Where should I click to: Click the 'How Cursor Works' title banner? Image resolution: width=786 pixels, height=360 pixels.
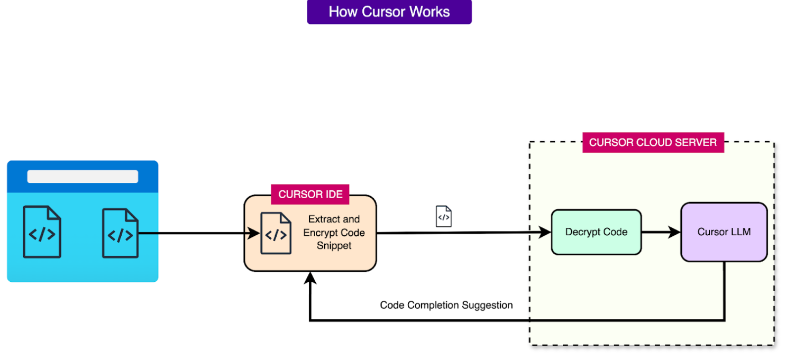point(389,12)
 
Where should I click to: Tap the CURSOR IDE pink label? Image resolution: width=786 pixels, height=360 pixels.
point(310,194)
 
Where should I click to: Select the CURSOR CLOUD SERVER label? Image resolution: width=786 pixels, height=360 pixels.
point(653,142)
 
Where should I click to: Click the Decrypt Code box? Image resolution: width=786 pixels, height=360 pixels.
point(596,232)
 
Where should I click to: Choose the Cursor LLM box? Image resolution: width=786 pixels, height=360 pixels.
point(724,232)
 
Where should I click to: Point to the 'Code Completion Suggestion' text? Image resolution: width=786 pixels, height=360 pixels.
point(446,305)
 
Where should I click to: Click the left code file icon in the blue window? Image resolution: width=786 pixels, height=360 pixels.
point(42,232)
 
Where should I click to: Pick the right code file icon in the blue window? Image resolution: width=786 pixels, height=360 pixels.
point(121,233)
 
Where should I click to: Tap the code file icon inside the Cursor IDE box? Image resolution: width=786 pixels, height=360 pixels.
point(276,233)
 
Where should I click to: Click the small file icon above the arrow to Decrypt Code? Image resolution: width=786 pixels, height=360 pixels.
point(444,217)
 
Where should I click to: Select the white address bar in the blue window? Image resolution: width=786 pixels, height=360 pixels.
point(83,177)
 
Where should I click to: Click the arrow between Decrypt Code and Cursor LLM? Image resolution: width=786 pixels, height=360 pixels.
point(661,232)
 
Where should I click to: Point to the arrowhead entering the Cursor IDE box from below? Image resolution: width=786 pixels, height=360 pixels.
point(310,278)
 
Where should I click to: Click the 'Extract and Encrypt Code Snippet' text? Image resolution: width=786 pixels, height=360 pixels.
point(334,233)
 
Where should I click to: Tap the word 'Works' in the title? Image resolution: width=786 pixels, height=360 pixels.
point(427,12)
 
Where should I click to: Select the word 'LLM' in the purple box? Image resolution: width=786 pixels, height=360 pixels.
point(741,232)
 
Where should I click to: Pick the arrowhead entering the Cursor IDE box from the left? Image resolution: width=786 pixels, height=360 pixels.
point(255,233)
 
